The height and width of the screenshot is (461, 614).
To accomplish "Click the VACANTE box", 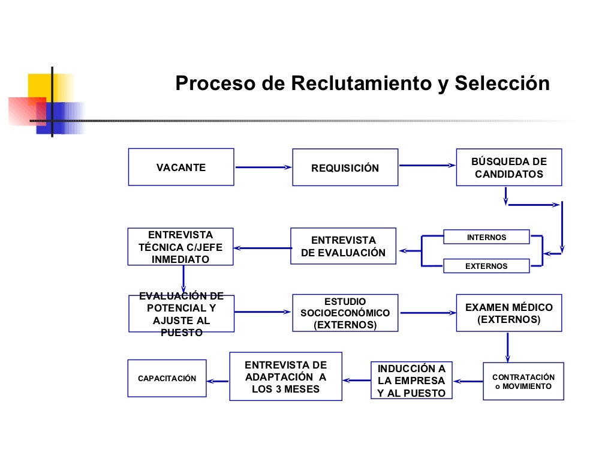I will click(x=181, y=167).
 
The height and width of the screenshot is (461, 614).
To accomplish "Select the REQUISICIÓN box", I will click(x=345, y=167).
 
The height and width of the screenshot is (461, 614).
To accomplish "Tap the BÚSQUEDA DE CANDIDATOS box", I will click(x=509, y=167).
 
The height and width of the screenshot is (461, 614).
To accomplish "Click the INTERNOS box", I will click(x=486, y=237).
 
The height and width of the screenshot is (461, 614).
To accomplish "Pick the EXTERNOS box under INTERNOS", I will click(x=486, y=266).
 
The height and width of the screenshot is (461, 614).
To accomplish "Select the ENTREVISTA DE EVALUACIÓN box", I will click(x=343, y=246).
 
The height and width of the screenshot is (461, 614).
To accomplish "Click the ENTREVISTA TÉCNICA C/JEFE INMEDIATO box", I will click(x=180, y=247).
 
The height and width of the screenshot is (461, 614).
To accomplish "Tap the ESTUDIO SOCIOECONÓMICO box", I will click(x=345, y=313).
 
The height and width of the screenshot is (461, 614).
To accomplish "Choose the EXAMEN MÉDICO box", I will click(x=509, y=313).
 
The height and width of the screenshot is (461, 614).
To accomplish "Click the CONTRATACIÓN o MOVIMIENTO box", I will click(x=523, y=381).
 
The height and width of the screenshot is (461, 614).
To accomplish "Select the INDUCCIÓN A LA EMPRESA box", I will click(x=411, y=381).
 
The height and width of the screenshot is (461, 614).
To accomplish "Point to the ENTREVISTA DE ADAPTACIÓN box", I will click(x=285, y=376).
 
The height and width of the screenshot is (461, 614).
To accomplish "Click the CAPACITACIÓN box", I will click(x=167, y=378).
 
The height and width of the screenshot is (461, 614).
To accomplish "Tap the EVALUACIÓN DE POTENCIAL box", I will click(x=181, y=313).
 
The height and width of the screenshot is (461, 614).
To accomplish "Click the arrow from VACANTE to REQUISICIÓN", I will click(x=263, y=167).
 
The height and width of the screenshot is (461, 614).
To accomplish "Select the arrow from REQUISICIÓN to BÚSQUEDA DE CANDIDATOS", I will click(x=426, y=165).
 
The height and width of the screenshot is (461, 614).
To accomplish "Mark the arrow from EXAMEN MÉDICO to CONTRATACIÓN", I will click(x=508, y=347).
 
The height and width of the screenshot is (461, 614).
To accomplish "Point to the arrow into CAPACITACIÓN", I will click(x=218, y=379).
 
